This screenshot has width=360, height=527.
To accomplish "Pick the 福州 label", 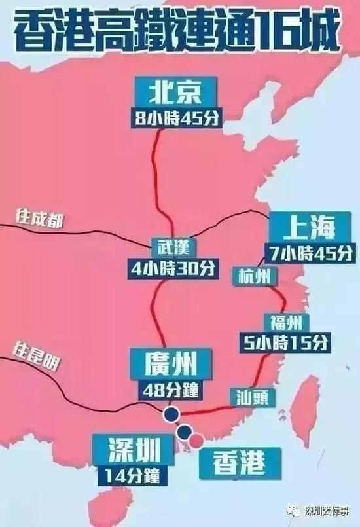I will pyautogui.click(x=285, y=321).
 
